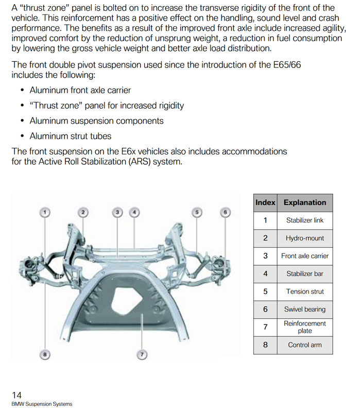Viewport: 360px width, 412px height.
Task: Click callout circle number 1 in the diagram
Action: tap(45, 212)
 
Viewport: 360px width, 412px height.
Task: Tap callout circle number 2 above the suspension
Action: tap(82, 212)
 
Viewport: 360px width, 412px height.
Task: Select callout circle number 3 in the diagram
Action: tap(118, 212)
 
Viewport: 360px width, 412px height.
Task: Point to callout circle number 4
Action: tap(134, 212)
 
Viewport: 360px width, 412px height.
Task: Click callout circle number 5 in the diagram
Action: tap(196, 212)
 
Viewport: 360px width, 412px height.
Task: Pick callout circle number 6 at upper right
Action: tap(225, 212)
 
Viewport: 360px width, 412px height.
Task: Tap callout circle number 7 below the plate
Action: tap(142, 354)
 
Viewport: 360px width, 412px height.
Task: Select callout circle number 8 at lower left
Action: tap(45, 354)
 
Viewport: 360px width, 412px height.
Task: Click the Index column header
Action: tap(265, 202)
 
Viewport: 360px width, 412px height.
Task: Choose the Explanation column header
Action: tap(305, 202)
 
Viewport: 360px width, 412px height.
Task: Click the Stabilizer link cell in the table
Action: tap(305, 220)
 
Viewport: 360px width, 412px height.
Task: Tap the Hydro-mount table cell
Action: tap(305, 238)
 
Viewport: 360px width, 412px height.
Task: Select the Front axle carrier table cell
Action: tap(305, 256)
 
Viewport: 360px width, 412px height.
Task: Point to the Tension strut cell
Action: tap(305, 291)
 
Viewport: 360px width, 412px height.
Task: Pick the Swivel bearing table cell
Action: tap(305, 310)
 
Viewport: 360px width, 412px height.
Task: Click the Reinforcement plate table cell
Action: tap(305, 327)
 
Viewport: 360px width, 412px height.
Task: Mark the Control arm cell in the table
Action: tap(305, 345)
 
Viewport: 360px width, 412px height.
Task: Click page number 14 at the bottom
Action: tap(16, 395)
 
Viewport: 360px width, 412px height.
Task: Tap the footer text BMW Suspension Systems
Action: tap(42, 404)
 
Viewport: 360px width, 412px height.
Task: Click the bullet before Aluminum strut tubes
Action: tap(22, 136)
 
